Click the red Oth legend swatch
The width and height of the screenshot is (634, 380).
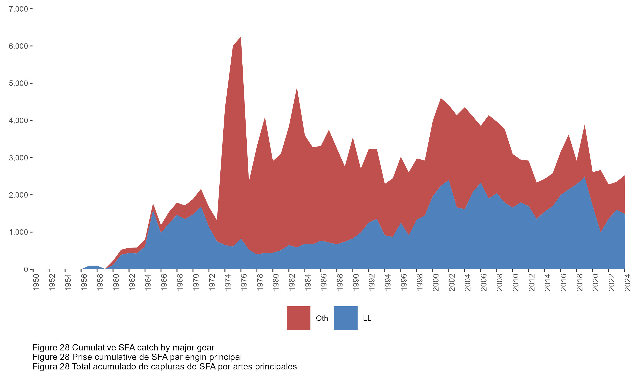pyautogui.click(x=298, y=318)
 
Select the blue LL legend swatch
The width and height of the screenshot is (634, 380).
pyautogui.click(x=346, y=318)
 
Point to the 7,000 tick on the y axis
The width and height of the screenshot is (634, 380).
pyautogui.click(x=18, y=9)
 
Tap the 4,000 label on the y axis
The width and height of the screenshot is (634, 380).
pyautogui.click(x=18, y=120)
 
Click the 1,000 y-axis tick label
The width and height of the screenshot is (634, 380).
pyautogui.click(x=18, y=232)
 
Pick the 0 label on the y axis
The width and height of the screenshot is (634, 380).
pyautogui.click(x=26, y=269)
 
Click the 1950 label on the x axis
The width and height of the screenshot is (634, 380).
pyautogui.click(x=36, y=282)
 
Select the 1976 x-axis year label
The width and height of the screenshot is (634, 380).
pyautogui.click(x=244, y=282)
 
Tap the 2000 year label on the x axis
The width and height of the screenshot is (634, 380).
pyautogui.click(x=436, y=282)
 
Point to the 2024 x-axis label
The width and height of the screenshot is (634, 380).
pyautogui.click(x=628, y=282)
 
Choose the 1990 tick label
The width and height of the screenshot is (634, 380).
pyautogui.click(x=356, y=282)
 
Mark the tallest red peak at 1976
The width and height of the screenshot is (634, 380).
pyautogui.click(x=241, y=37)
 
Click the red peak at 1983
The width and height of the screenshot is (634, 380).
pyautogui.click(x=297, y=88)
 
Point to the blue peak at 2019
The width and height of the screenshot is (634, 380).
pyautogui.click(x=584, y=178)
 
